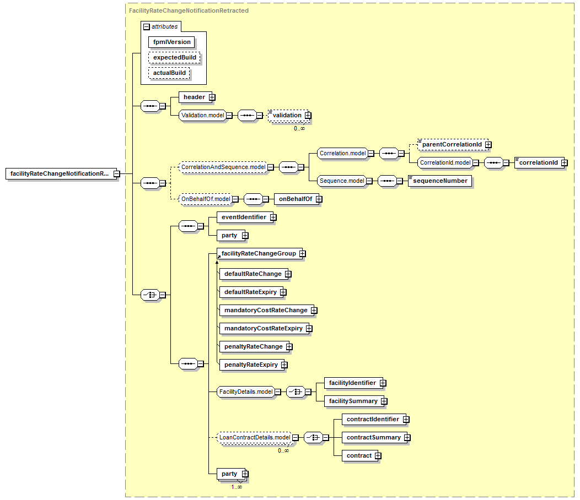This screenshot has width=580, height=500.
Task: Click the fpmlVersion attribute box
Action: (171, 42)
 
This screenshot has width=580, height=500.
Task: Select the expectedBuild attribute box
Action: (174, 58)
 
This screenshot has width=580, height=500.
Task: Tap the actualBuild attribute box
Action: (169, 73)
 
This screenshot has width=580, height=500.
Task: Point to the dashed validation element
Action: (288, 115)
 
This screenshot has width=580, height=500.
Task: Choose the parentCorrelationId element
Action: (453, 144)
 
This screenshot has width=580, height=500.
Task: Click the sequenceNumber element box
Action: (440, 181)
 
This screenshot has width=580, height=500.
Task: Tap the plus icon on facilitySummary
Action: (384, 401)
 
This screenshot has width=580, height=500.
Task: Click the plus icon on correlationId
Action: (565, 163)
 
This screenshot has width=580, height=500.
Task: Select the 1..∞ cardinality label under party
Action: (237, 487)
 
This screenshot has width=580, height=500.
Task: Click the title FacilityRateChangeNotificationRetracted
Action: (189, 10)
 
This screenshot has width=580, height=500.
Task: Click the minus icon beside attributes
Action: (147, 26)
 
